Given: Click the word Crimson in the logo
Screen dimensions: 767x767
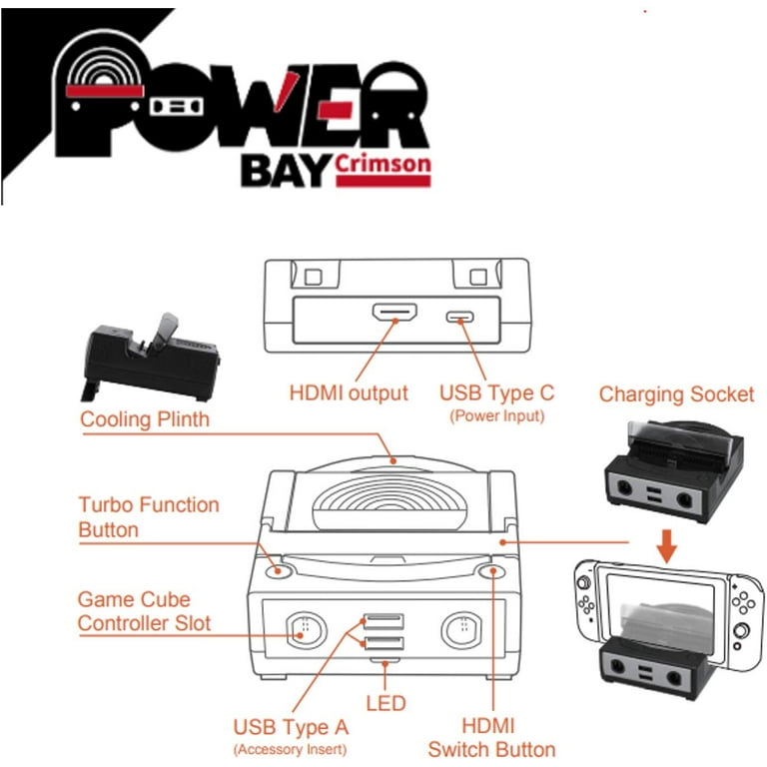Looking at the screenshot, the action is point(383,164).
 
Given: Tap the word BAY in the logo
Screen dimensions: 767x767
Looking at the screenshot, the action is point(286,171).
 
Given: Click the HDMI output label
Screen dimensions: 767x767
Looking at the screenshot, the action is point(349,392).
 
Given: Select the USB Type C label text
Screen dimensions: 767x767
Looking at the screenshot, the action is point(496,392).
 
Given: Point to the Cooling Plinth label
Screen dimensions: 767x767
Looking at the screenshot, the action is point(145,419).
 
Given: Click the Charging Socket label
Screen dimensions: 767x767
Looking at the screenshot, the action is point(676,394).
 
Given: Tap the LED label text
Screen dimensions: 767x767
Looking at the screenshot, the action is point(385,703).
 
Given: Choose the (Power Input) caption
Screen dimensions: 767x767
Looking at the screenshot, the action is point(496,415).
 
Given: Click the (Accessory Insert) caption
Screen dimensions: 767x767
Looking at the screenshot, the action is point(290,749).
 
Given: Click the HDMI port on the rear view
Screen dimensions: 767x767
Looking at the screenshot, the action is point(394,312).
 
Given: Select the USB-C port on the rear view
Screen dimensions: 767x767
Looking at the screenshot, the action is point(459,317).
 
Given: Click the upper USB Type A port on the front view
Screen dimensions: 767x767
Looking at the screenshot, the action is point(383,621).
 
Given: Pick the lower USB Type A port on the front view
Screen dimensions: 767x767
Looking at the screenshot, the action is point(383,643).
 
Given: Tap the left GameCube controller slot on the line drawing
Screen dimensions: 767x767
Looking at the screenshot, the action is point(306,630).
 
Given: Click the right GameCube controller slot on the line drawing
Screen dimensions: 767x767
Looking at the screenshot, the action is point(461,630).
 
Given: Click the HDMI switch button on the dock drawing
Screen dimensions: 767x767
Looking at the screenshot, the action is point(492,571).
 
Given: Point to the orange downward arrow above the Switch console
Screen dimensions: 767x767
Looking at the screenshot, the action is point(666,546).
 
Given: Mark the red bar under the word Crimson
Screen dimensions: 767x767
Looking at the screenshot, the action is point(383,181).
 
